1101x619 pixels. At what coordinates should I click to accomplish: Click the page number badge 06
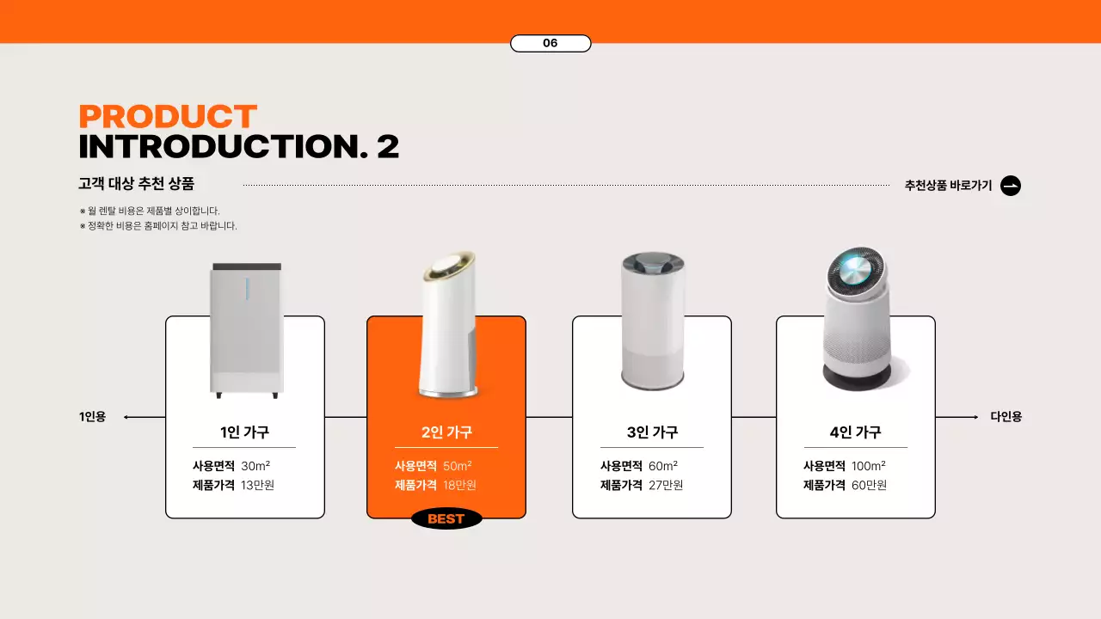click(550, 43)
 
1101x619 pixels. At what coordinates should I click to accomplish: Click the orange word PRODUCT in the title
click(168, 116)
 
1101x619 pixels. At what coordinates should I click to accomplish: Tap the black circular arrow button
click(1011, 186)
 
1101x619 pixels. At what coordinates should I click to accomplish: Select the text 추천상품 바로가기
click(948, 186)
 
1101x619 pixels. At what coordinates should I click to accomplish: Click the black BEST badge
click(446, 518)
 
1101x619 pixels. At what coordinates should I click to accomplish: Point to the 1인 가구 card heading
click(244, 432)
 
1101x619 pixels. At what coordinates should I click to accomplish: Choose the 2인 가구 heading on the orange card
click(446, 432)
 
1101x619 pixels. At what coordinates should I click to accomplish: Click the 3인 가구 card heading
click(652, 432)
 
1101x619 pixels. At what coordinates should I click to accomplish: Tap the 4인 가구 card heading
click(855, 432)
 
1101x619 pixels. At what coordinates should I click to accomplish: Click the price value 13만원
click(257, 486)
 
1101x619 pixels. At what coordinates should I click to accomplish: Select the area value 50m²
click(458, 466)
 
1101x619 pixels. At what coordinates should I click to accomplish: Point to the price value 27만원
click(666, 486)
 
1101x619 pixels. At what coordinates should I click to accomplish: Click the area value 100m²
click(869, 466)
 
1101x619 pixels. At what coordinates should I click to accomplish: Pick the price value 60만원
click(869, 486)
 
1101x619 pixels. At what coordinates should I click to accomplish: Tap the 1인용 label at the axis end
click(92, 417)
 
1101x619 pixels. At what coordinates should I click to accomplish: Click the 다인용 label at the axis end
click(1006, 417)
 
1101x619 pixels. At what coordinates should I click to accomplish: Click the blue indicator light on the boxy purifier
click(247, 288)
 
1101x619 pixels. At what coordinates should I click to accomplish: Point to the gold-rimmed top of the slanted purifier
click(449, 266)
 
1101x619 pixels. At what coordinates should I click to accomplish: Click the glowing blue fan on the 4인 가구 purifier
click(855, 270)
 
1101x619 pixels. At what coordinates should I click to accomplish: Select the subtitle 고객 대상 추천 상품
click(137, 184)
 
